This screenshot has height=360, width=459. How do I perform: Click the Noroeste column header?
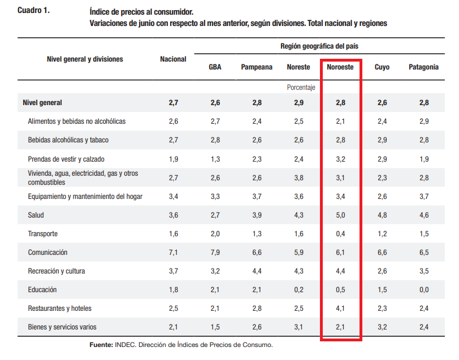[340, 67]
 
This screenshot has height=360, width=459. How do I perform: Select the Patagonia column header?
[423, 67]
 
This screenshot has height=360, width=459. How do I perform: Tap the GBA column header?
[215, 67]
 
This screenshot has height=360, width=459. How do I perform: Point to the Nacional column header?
[173, 59]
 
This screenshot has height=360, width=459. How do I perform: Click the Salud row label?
[36, 215]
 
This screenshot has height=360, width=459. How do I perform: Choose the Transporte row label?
[43, 234]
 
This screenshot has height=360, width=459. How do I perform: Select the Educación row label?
[42, 290]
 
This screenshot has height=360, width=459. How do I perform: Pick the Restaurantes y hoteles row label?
[60, 309]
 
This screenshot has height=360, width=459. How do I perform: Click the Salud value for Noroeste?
[340, 215]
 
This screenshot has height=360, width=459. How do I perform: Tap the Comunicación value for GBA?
[215, 253]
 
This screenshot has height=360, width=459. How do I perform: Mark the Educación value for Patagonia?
[424, 290]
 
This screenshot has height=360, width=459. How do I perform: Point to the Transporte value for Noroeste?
[340, 234]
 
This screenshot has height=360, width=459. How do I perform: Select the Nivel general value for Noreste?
[299, 103]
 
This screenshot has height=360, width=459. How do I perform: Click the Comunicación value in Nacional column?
[174, 253]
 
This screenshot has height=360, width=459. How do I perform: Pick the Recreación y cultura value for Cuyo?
[382, 271]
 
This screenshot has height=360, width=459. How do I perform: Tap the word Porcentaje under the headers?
[301, 88]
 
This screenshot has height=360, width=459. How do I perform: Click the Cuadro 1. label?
[34, 11]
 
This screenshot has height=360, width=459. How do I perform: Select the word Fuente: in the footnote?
[101, 345]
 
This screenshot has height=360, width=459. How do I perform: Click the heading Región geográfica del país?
[319, 46]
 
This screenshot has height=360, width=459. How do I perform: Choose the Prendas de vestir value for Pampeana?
[257, 159]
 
